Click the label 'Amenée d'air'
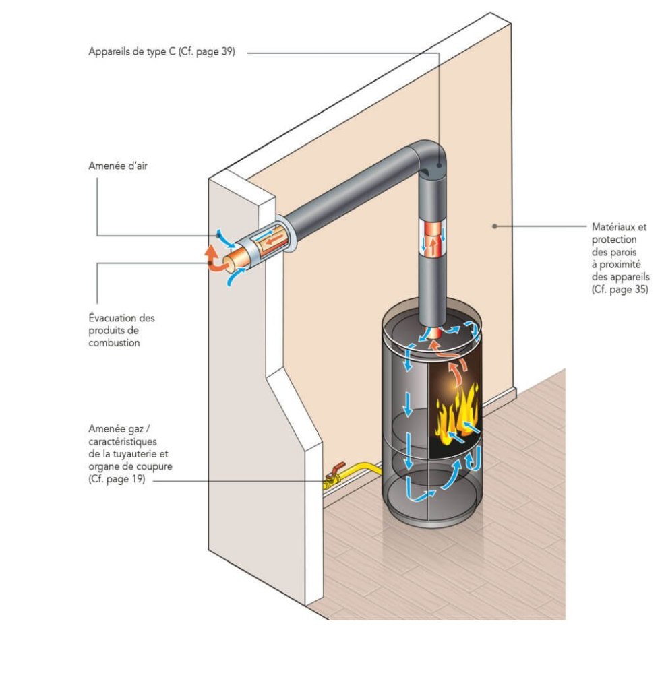(x=117, y=166)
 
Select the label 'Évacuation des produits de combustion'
(x=121, y=330)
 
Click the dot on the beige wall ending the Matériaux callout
(x=494, y=226)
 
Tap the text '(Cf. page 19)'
(x=116, y=479)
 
